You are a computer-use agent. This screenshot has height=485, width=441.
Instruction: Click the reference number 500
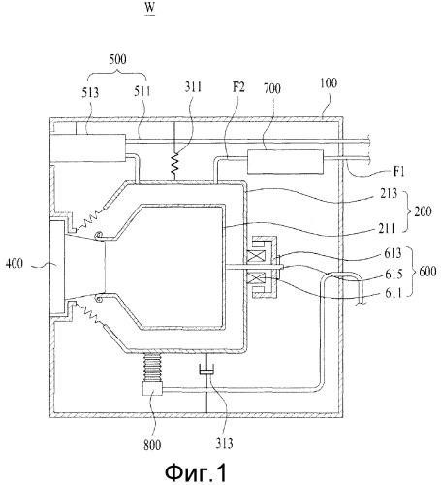coord(117,59)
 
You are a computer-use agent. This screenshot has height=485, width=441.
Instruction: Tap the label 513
coord(90,93)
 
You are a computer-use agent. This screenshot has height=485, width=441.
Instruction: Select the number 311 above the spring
coord(193,87)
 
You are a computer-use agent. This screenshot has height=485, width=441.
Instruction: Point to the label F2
coord(238,87)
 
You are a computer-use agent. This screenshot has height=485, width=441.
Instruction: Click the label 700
coord(272,88)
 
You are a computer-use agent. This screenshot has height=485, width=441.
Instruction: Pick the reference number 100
coord(329,83)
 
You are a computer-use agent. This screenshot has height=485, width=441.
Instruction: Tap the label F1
coord(399,171)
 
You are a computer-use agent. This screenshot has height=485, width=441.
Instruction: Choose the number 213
coord(389,193)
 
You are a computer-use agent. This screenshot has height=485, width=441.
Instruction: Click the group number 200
coord(424,211)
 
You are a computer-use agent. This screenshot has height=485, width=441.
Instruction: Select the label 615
coord(394,275)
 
